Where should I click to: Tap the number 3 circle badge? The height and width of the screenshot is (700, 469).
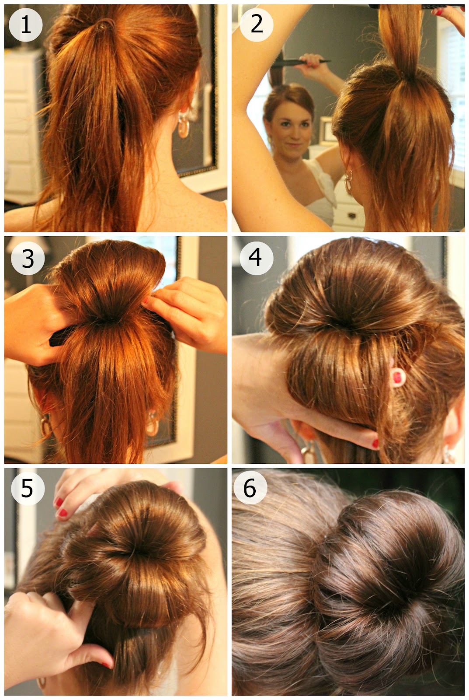click(x=28, y=258)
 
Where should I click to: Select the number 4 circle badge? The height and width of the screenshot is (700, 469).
click(x=256, y=258)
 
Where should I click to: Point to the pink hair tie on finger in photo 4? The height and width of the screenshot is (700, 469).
click(x=397, y=378)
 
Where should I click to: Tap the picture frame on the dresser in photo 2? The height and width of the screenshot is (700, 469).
click(x=326, y=129)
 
